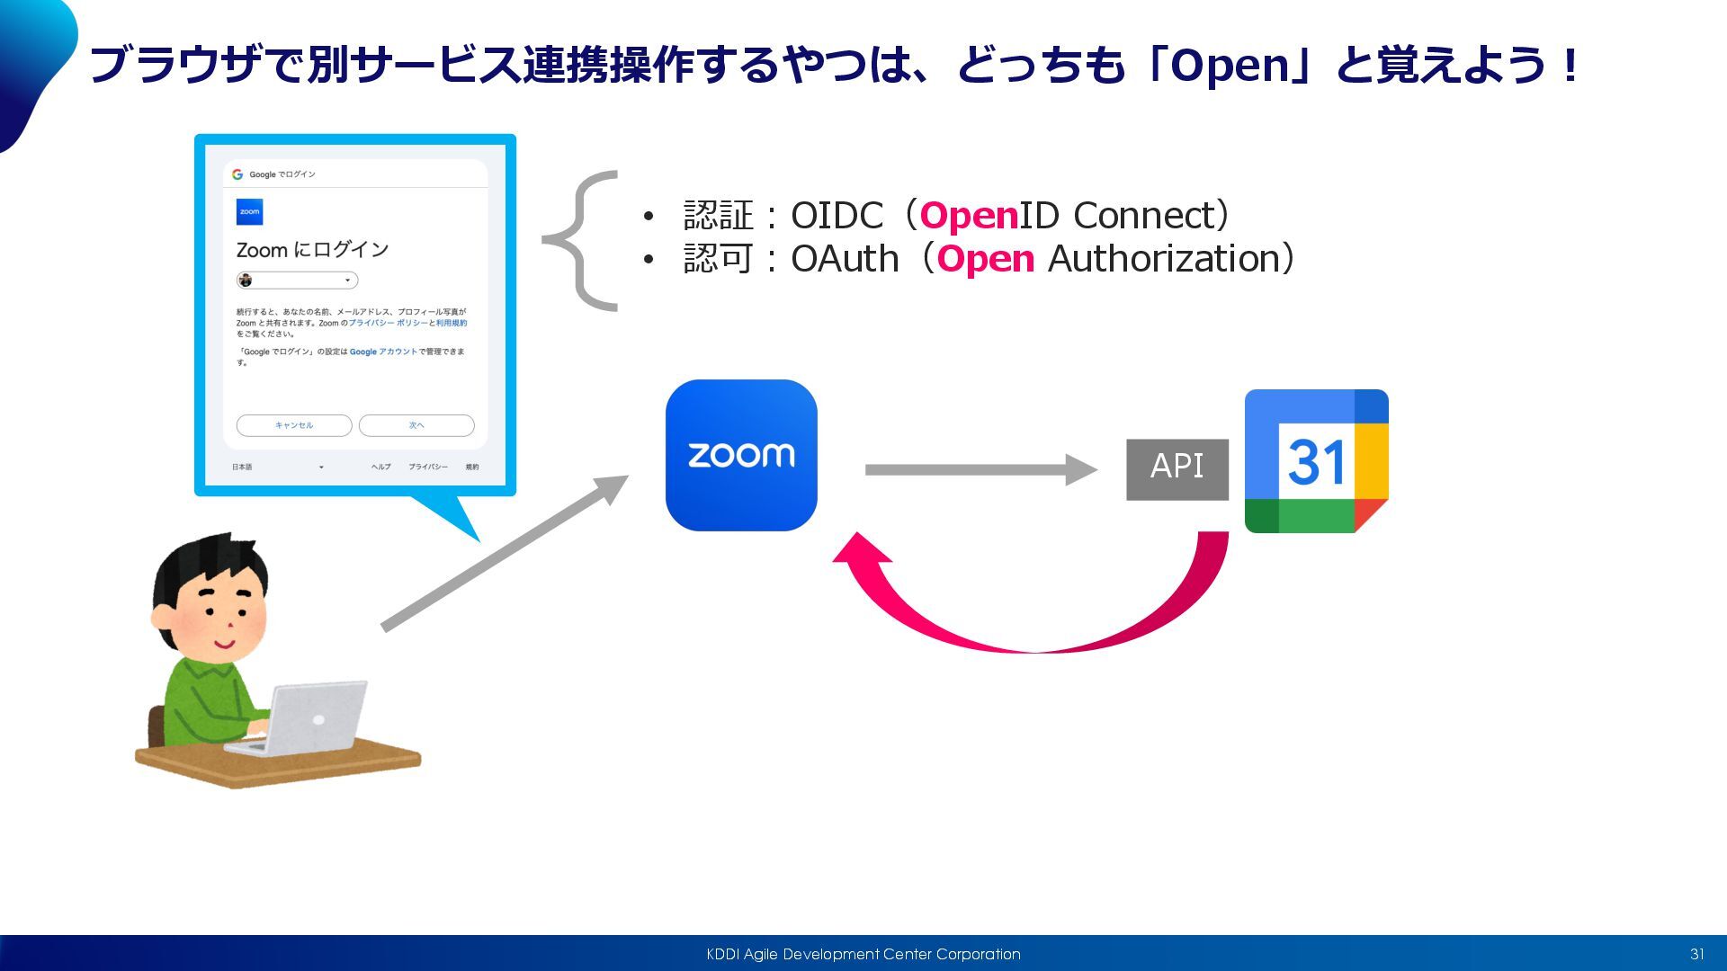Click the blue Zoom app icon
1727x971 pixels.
pyautogui.click(x=741, y=455)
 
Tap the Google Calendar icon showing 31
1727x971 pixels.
pyautogui.click(x=1316, y=461)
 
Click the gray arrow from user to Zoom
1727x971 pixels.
pyautogui.click(x=504, y=554)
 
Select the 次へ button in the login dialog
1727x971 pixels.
pyautogui.click(x=416, y=425)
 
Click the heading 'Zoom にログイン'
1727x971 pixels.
pyautogui.click(x=312, y=250)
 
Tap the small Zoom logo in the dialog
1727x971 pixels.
pyautogui.click(x=249, y=212)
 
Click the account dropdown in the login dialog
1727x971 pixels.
pyautogui.click(x=297, y=281)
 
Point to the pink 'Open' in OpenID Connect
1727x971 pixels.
pyautogui.click(x=969, y=216)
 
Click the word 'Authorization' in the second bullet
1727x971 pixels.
pyautogui.click(x=1164, y=259)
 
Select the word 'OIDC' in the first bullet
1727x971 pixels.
pyautogui.click(x=837, y=216)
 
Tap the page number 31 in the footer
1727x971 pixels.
pyautogui.click(x=1696, y=954)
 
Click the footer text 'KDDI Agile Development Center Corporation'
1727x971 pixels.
pyautogui.click(x=863, y=954)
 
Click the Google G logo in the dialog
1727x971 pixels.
pyautogui.click(x=237, y=174)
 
